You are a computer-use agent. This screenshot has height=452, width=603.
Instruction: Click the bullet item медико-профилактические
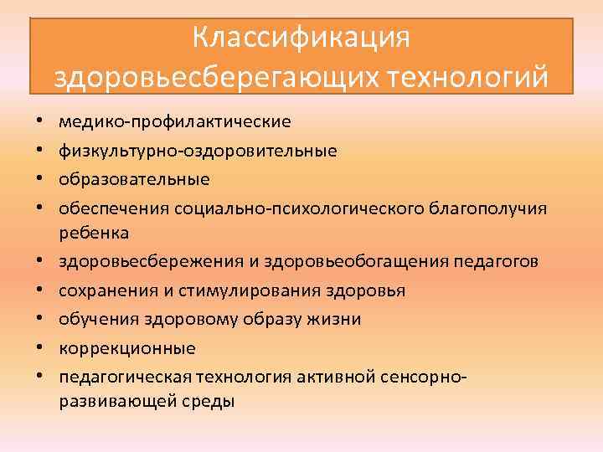tap(175, 122)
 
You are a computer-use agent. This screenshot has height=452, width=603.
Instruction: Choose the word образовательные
tap(135, 179)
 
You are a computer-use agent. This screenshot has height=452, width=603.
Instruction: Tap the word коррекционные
tap(127, 347)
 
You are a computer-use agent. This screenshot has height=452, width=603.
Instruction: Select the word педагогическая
tap(120, 376)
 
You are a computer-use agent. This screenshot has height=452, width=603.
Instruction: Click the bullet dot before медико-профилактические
tap(40, 122)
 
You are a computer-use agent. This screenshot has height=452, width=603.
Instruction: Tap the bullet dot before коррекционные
tap(40, 347)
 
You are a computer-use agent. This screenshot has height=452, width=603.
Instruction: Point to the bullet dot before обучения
tap(40, 320)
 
